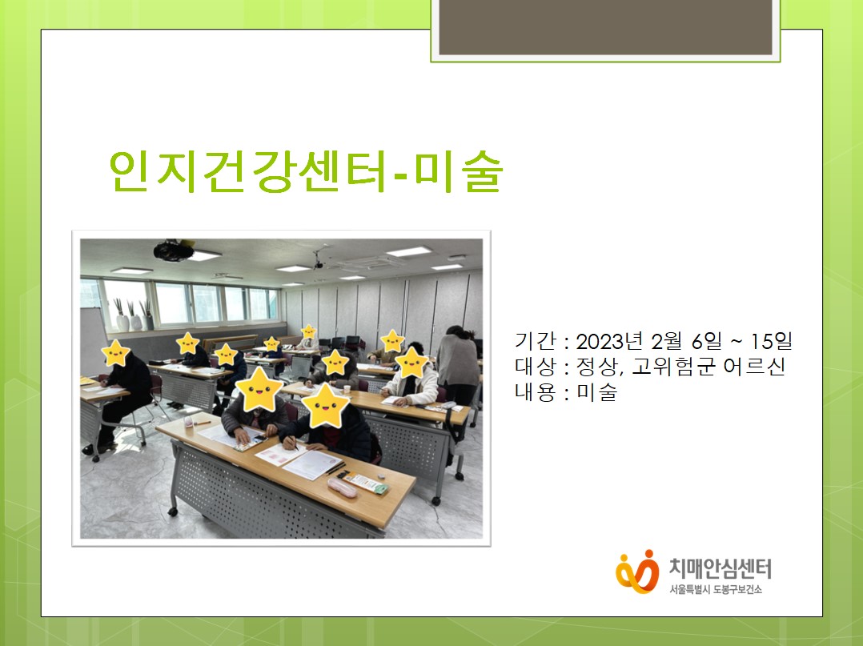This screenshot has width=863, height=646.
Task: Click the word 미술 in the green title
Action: (458, 171)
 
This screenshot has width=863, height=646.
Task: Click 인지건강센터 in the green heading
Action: (247, 171)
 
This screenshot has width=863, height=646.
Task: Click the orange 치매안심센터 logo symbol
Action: (637, 572)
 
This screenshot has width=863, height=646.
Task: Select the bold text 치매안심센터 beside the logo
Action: (721, 568)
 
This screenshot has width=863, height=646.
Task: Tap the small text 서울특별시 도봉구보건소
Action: (716, 589)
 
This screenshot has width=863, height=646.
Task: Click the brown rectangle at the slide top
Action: (605, 27)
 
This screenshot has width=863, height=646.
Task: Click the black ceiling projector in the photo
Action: (174, 251)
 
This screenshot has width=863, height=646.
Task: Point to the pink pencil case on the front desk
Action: (342, 487)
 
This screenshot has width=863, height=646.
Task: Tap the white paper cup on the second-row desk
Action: (347, 390)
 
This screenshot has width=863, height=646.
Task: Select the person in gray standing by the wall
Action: (457, 364)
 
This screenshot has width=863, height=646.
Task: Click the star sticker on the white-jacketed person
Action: (411, 363)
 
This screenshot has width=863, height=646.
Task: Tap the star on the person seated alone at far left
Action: (115, 353)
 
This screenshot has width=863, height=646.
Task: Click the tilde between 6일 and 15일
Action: (736, 342)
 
